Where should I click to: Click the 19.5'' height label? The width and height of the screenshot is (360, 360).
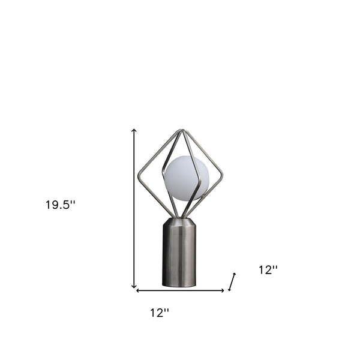(x=60, y=205)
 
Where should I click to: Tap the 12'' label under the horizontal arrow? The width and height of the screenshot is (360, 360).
(x=160, y=313)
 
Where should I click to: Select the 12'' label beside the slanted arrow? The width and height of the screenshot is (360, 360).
(x=268, y=270)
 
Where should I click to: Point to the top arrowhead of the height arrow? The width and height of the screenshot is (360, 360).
(x=134, y=130)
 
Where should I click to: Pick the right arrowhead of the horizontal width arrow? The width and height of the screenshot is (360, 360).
(x=223, y=291)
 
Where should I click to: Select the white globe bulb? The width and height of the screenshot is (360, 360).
(x=186, y=178)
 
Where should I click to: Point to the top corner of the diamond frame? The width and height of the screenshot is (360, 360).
(x=180, y=131)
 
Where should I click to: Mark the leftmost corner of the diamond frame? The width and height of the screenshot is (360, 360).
(x=139, y=175)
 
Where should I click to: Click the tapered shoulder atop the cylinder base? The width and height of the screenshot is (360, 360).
(x=179, y=221)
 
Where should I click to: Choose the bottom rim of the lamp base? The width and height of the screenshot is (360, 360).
(x=179, y=284)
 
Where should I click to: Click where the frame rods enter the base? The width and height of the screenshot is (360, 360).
(x=179, y=217)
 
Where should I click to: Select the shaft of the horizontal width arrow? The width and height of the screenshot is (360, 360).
(x=180, y=291)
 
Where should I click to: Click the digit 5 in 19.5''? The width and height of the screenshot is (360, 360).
(x=67, y=205)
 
